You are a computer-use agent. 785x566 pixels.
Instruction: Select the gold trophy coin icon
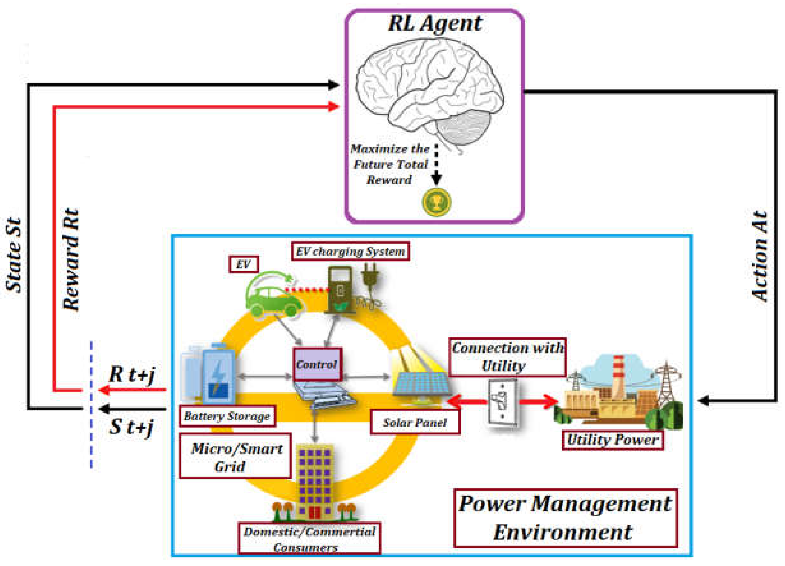pyautogui.click(x=437, y=202)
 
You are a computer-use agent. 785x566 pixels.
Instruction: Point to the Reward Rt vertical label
pyautogui.click(x=71, y=259)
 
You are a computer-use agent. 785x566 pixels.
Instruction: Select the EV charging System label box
pyautogui.click(x=350, y=251)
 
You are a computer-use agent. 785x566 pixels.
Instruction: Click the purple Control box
pyautogui.click(x=317, y=364)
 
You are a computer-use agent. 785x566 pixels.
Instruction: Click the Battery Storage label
pyautogui.click(x=227, y=416)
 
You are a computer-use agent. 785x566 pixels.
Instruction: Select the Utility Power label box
pyautogui.click(x=613, y=440)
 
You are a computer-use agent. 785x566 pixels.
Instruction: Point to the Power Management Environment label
pyautogui.click(x=566, y=518)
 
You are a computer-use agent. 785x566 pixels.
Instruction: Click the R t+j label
pyautogui.click(x=132, y=374)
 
